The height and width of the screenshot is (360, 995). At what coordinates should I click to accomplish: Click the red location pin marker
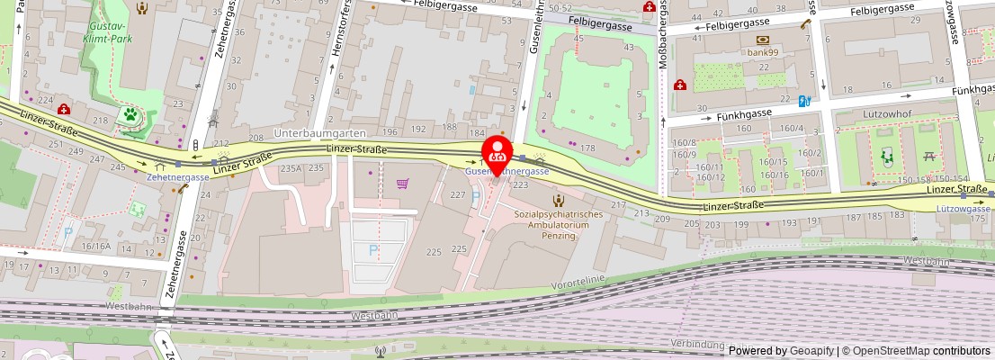[x=497, y=155]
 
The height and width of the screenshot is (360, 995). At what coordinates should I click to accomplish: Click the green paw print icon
[x=131, y=114]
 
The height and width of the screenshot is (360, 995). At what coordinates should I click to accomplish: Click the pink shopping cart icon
[x=402, y=184]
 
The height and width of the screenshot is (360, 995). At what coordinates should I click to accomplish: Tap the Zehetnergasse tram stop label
[x=178, y=177]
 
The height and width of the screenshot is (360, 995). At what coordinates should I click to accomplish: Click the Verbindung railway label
[x=697, y=344]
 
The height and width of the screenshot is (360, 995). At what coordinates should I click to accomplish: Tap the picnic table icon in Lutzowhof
[x=930, y=157]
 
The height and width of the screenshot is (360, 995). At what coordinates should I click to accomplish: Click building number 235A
[x=291, y=168]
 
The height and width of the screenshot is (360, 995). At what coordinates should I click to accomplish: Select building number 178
[x=589, y=148]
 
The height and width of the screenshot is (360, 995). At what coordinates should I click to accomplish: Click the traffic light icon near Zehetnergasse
[x=195, y=144]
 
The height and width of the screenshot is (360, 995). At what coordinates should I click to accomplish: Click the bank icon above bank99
[x=763, y=40]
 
